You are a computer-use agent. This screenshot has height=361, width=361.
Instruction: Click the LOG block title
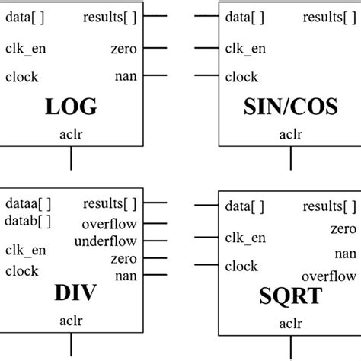72,107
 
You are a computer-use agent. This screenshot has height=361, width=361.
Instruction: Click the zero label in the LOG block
123,50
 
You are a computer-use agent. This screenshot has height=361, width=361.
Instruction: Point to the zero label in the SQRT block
343,229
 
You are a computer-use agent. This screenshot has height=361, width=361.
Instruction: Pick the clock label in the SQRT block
241,266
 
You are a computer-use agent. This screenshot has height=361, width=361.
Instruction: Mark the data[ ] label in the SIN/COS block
244,18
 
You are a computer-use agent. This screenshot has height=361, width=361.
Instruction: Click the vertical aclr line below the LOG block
71,158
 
